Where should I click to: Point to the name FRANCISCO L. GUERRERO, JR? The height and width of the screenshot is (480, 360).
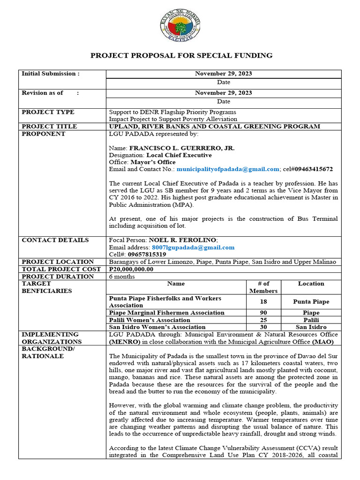point(182,148)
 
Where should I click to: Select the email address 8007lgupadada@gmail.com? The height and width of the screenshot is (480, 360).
point(193,247)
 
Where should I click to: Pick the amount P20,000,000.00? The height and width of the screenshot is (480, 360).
point(131,269)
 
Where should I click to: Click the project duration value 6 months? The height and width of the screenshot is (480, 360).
point(121,277)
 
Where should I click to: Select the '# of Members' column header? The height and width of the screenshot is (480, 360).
point(264,287)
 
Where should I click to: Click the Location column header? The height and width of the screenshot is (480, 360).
point(311,284)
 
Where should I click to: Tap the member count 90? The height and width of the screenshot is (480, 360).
point(264,313)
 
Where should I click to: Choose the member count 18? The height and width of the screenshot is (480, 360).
point(264,302)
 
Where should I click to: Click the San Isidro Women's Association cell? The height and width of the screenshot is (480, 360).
point(157,327)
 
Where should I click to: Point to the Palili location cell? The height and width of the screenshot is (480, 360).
point(311,320)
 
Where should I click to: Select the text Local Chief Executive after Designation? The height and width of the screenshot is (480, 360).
point(179,155)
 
